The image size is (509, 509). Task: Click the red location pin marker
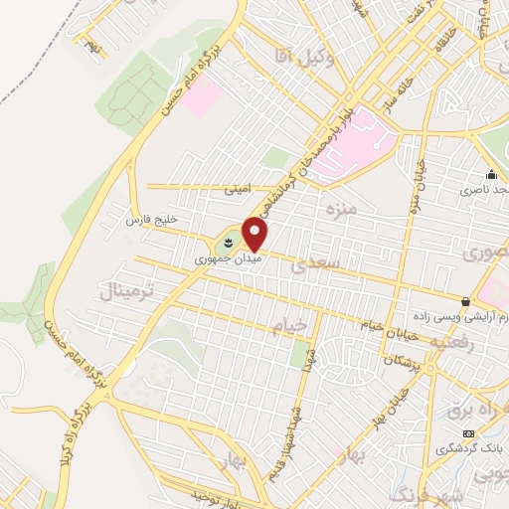(255, 234)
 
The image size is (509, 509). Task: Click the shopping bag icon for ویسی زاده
(465, 300)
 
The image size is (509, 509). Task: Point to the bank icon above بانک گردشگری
(468, 433)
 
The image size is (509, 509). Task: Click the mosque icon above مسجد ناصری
(490, 174)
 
